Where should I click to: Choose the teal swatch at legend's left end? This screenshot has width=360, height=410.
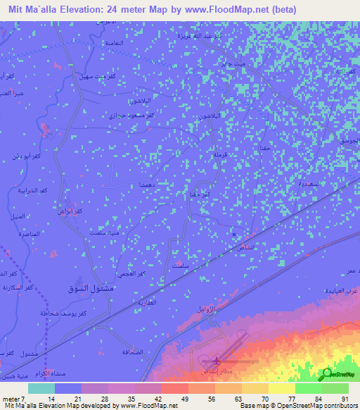[x=41, y=388]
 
